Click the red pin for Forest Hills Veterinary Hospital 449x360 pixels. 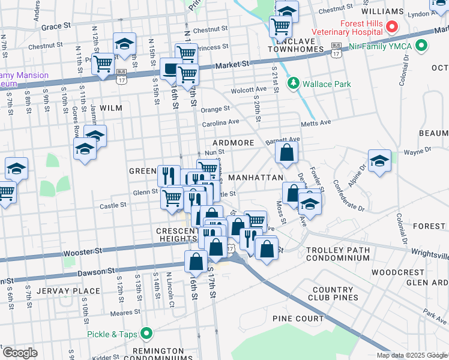[392, 26]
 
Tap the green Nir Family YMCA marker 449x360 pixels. [421, 46]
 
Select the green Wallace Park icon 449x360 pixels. [294, 83]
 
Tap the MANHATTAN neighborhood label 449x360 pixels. [256, 178]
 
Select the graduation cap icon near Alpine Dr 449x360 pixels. [379, 160]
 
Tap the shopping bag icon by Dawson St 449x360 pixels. [196, 261]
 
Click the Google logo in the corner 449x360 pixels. [19, 353]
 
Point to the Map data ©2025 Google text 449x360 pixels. [412, 355]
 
